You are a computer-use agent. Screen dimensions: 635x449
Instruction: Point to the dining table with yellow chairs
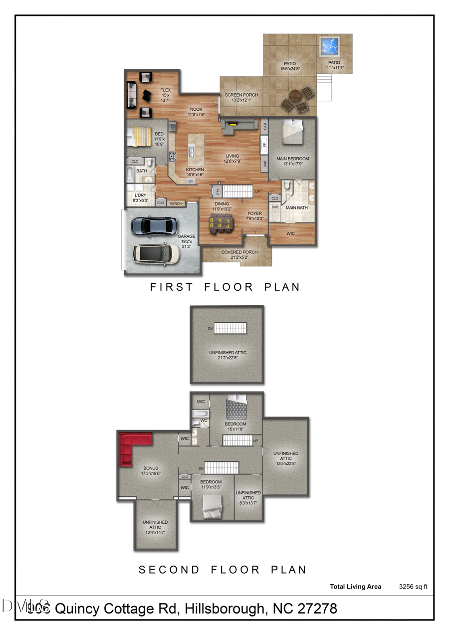220,227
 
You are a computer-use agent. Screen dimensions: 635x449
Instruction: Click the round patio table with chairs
295,99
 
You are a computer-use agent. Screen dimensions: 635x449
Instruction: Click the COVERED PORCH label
239,252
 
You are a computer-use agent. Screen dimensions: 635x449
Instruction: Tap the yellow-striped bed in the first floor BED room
137,136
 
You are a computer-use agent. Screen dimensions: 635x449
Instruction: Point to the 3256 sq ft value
413,587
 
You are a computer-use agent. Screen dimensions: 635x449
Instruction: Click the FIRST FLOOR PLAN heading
225,287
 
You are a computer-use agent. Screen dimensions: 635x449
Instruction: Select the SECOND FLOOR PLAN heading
223,570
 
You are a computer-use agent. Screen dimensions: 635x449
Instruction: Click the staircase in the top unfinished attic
230,328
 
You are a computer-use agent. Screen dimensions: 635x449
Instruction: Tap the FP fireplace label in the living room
264,146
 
